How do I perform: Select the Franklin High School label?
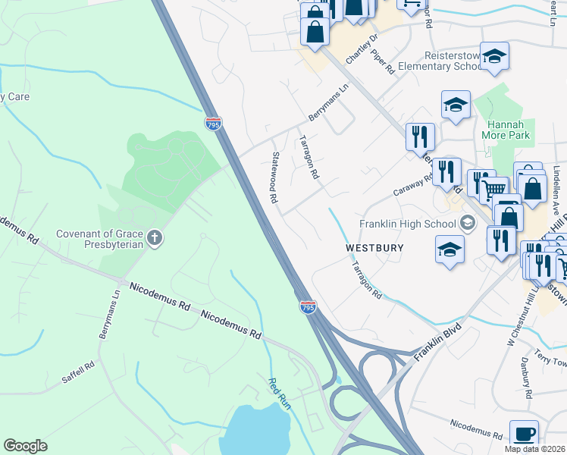[407, 224]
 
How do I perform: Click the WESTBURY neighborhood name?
[375, 248]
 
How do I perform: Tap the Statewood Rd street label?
[274, 177]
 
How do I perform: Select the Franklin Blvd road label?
[437, 344]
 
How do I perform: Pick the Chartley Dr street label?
[362, 50]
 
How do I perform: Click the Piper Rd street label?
[387, 64]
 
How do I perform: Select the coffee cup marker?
[524, 433]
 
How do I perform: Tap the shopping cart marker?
[493, 188]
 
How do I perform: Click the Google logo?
[25, 446]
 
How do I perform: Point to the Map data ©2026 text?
[535, 449]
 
